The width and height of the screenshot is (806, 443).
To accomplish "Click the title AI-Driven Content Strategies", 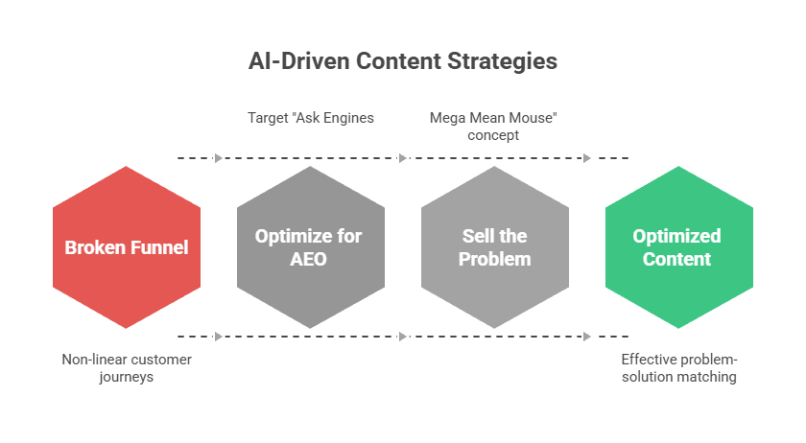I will pos(403,62).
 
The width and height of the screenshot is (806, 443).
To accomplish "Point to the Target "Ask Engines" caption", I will pos(310,118).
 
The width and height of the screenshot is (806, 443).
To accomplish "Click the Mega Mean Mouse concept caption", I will pos(495,127).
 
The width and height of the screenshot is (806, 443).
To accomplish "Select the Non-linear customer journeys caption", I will pos(127,368).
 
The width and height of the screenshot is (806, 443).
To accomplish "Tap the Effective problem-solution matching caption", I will pos(679,368).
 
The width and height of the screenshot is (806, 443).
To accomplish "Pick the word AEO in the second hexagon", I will pos(310,259).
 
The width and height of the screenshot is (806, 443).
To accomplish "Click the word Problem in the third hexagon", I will pos(495,259).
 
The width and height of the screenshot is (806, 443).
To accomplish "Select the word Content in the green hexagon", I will pos(677,259).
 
